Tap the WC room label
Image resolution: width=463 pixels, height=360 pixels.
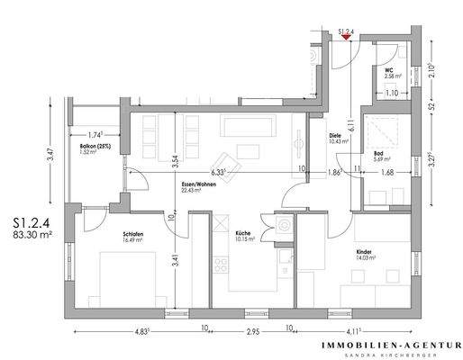click(x=388, y=68)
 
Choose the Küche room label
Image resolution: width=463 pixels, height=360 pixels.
click(x=243, y=236)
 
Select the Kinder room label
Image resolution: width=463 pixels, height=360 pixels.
click(x=365, y=253)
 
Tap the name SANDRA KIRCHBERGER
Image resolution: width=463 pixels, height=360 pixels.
click(x=390, y=355)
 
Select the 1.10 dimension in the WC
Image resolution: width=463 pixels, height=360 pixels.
click(x=391, y=93)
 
